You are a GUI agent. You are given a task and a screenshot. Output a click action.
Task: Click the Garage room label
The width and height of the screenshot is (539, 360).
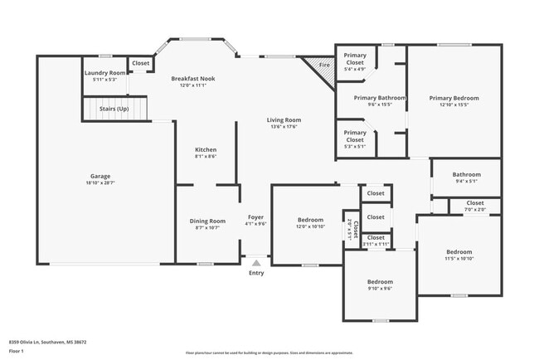point(100,176)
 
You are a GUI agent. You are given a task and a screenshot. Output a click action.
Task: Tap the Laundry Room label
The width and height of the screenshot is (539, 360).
point(105,73)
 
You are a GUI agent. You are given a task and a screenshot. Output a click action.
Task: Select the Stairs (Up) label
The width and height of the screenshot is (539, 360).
point(114,109)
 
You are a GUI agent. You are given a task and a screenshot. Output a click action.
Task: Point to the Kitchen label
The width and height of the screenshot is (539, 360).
point(206,149)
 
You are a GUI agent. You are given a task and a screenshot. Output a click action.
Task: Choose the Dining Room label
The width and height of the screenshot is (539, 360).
point(207,221)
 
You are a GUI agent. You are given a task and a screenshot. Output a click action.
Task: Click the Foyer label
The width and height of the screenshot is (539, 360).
point(256,219)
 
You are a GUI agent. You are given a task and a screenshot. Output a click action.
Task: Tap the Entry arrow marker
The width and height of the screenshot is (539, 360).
point(256,260)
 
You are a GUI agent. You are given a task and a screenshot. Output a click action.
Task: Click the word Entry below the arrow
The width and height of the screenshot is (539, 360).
point(256,273)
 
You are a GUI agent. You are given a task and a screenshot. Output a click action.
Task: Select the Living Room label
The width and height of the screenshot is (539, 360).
point(284,120)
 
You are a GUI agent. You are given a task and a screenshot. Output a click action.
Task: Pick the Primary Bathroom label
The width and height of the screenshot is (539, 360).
point(380,98)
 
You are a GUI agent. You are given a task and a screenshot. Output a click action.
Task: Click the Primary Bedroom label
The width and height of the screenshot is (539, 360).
point(454,98)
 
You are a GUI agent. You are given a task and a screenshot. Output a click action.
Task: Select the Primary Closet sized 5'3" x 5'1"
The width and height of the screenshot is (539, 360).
point(355,135)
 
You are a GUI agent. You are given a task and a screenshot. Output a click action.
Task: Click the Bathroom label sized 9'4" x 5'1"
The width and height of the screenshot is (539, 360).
point(466,175)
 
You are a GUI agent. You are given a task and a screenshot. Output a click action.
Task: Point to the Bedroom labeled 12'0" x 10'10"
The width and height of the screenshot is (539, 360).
point(311,221)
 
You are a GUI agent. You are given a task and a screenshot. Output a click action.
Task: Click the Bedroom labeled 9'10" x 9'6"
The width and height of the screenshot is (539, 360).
point(380,282)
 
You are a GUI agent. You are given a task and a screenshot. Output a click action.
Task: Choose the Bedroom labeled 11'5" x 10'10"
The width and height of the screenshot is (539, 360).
point(459,252)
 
